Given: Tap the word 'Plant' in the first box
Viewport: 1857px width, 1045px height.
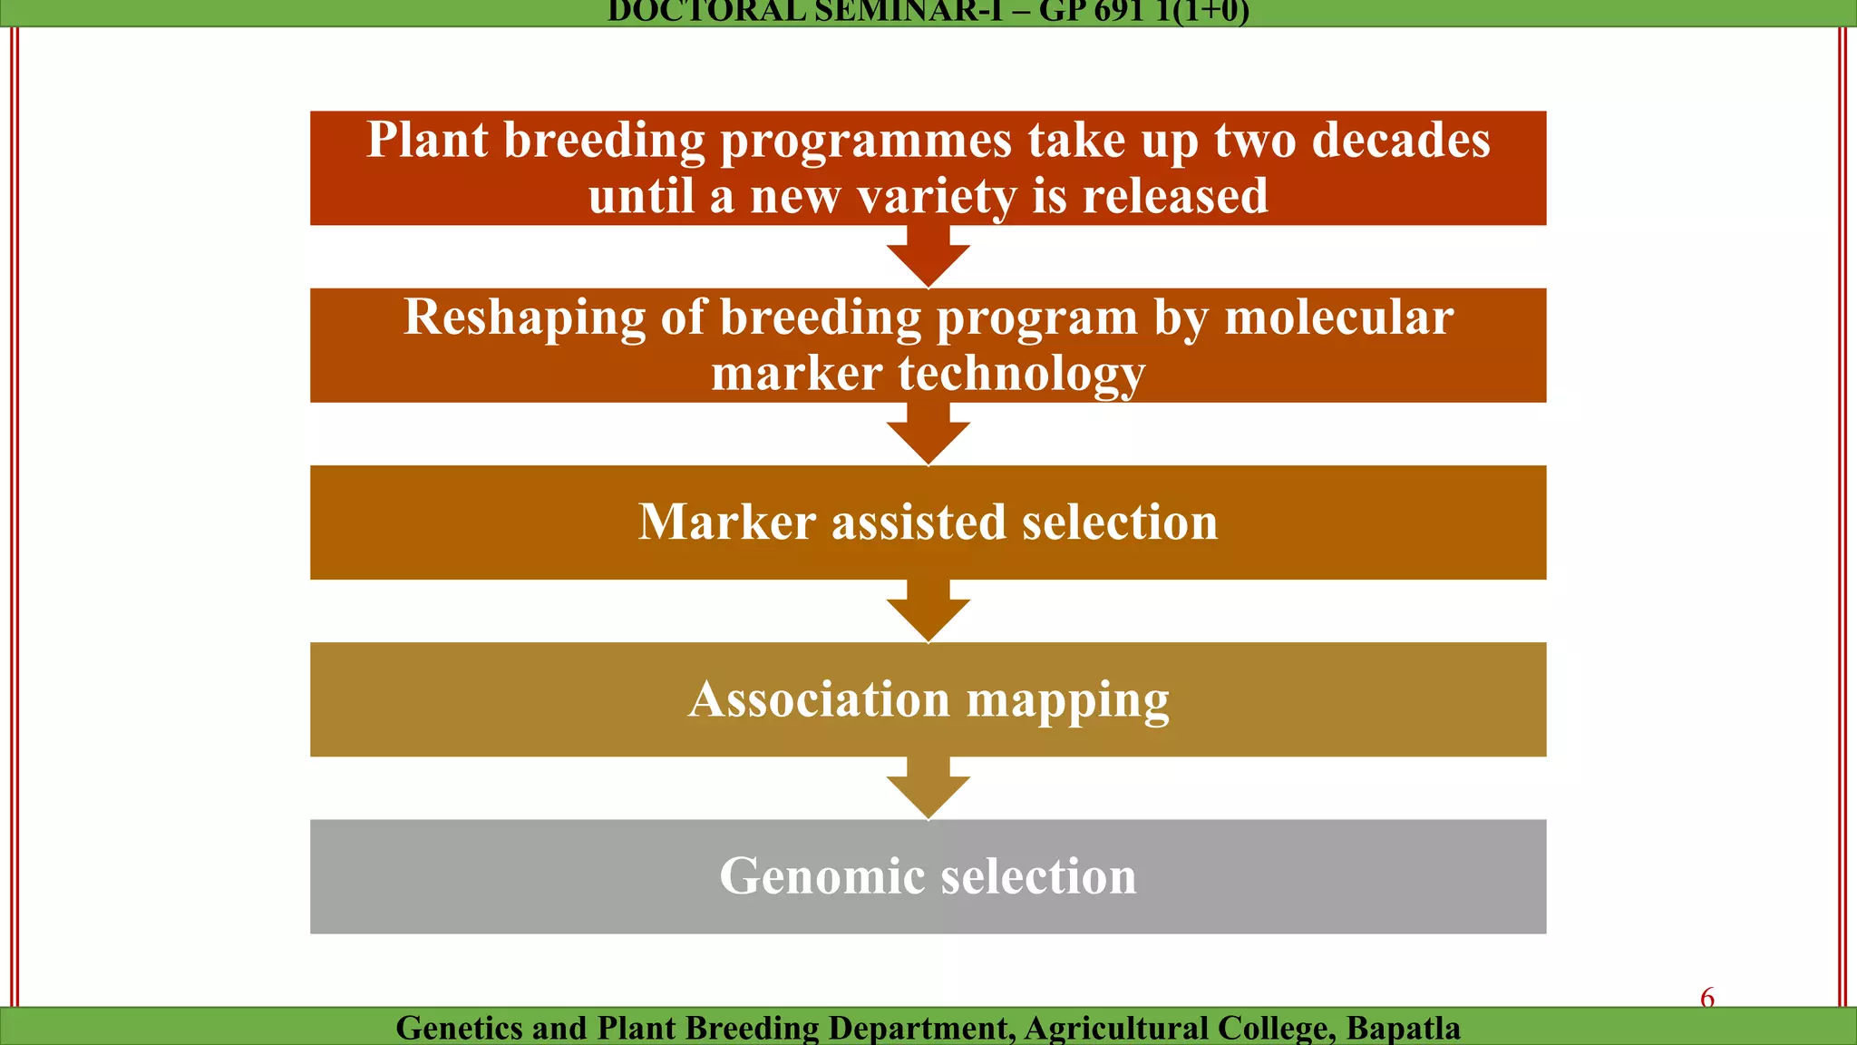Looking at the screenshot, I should coord(427,141).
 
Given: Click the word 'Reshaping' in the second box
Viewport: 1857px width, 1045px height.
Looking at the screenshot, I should coord(524,318).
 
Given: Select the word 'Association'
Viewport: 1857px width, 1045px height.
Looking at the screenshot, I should coord(819,699).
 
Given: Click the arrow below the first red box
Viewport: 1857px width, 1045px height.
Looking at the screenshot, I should coord(928,258).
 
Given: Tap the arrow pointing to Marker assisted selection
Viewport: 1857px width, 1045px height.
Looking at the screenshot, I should coord(928,435).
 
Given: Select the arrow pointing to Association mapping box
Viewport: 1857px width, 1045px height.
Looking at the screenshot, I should coord(928,611).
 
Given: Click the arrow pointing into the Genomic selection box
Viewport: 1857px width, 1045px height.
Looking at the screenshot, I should coord(928,789).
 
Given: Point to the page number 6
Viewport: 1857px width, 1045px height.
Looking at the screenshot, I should coord(1706,998).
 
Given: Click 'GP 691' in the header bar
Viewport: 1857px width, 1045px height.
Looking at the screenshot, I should coord(1091,12).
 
